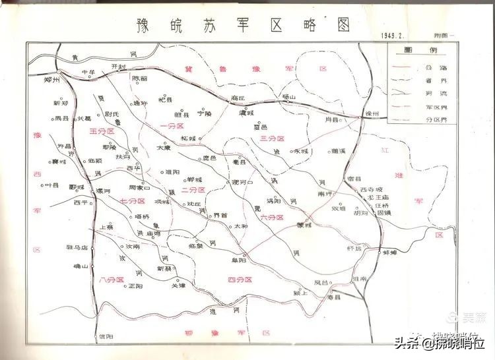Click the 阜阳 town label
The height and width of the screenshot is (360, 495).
[249, 260]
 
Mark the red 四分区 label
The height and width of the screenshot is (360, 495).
[240, 280]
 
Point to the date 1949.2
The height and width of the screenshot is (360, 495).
[393, 35]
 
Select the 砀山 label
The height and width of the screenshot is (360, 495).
[289, 97]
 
